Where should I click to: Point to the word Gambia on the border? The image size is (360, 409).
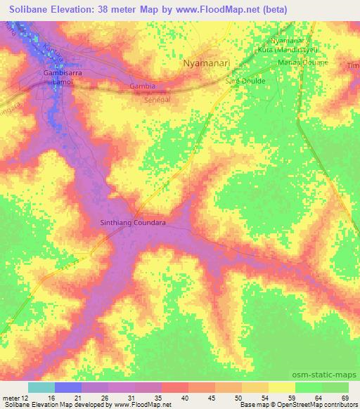(142, 86)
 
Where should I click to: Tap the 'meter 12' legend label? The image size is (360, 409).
(15, 398)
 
